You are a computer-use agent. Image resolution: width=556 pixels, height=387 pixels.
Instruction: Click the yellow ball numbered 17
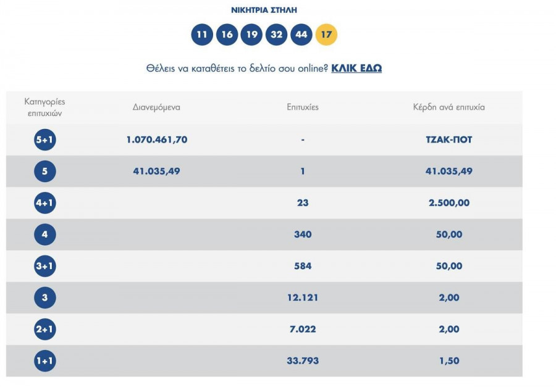(326, 35)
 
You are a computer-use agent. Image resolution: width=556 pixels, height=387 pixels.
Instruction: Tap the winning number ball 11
(202, 35)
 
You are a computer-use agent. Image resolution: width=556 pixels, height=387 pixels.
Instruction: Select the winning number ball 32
(276, 35)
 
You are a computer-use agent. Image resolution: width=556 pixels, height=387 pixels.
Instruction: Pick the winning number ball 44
(301, 35)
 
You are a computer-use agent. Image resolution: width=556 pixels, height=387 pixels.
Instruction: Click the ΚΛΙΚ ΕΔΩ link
(356, 68)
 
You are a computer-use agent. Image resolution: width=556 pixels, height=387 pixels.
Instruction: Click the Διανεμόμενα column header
(156, 107)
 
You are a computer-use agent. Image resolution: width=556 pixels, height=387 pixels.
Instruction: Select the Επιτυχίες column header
(303, 107)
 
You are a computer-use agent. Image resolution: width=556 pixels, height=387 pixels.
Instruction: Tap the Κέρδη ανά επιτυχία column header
(449, 107)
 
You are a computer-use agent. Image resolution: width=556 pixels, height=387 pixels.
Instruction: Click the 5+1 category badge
(45, 140)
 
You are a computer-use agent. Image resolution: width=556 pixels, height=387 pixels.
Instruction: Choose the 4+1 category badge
(45, 203)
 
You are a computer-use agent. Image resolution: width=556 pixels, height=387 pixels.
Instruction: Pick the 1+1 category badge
(45, 361)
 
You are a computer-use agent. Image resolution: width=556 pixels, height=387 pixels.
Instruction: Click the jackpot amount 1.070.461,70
(156, 140)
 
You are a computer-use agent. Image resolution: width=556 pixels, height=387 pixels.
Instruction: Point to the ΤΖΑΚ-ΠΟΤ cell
(449, 140)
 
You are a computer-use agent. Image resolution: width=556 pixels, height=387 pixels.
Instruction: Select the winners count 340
(303, 235)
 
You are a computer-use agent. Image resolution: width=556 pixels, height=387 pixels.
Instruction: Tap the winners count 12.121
(303, 298)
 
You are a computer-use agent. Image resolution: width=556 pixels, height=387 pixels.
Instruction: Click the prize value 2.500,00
(449, 203)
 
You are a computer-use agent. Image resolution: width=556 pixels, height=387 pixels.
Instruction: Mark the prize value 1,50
(449, 361)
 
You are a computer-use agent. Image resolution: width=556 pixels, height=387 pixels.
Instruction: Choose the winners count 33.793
(303, 361)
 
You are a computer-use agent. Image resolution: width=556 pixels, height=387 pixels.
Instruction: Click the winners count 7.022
(303, 330)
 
